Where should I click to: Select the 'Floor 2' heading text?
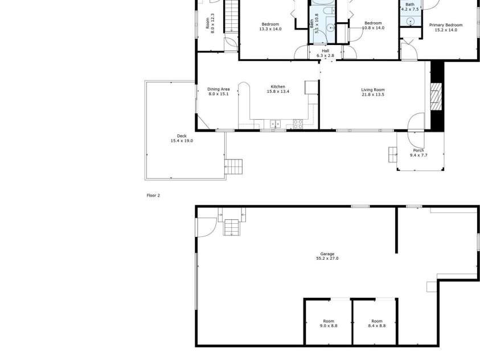(153, 195)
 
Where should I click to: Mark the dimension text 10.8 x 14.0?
(374, 28)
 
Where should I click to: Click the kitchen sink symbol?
(274, 123)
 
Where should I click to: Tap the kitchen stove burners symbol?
(297, 122)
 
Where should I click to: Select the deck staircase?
(235, 166)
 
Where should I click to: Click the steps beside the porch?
(392, 154)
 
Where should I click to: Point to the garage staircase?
(232, 227)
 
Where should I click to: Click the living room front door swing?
(416, 122)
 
